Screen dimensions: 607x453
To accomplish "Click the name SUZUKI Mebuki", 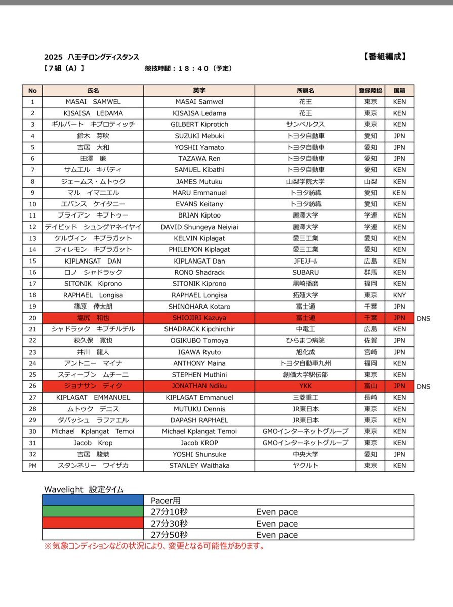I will (199, 136).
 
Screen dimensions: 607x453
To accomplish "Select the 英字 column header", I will (199, 91).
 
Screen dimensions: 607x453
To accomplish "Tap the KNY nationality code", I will (399, 295).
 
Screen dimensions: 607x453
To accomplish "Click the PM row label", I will (32, 465).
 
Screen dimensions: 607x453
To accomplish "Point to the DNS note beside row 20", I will (423, 318).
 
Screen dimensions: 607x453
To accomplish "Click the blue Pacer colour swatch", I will (93, 500).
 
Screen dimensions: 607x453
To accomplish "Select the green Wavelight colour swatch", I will (93, 512).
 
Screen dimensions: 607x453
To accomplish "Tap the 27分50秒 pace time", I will (169, 535).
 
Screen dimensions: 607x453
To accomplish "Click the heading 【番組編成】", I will (384, 57).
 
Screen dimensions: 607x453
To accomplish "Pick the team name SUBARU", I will (305, 272).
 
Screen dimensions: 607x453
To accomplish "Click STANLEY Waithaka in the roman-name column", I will (199, 465).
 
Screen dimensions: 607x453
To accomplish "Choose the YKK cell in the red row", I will (305, 386).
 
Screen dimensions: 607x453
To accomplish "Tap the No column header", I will (32, 91).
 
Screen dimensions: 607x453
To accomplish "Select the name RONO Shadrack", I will (199, 272).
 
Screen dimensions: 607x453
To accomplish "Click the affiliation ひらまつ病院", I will (305, 340).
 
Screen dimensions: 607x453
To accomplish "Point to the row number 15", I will (32, 261).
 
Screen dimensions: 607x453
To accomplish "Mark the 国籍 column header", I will (399, 91).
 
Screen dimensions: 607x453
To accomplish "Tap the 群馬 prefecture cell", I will (370, 272).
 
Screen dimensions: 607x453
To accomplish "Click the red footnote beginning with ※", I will (154, 546).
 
